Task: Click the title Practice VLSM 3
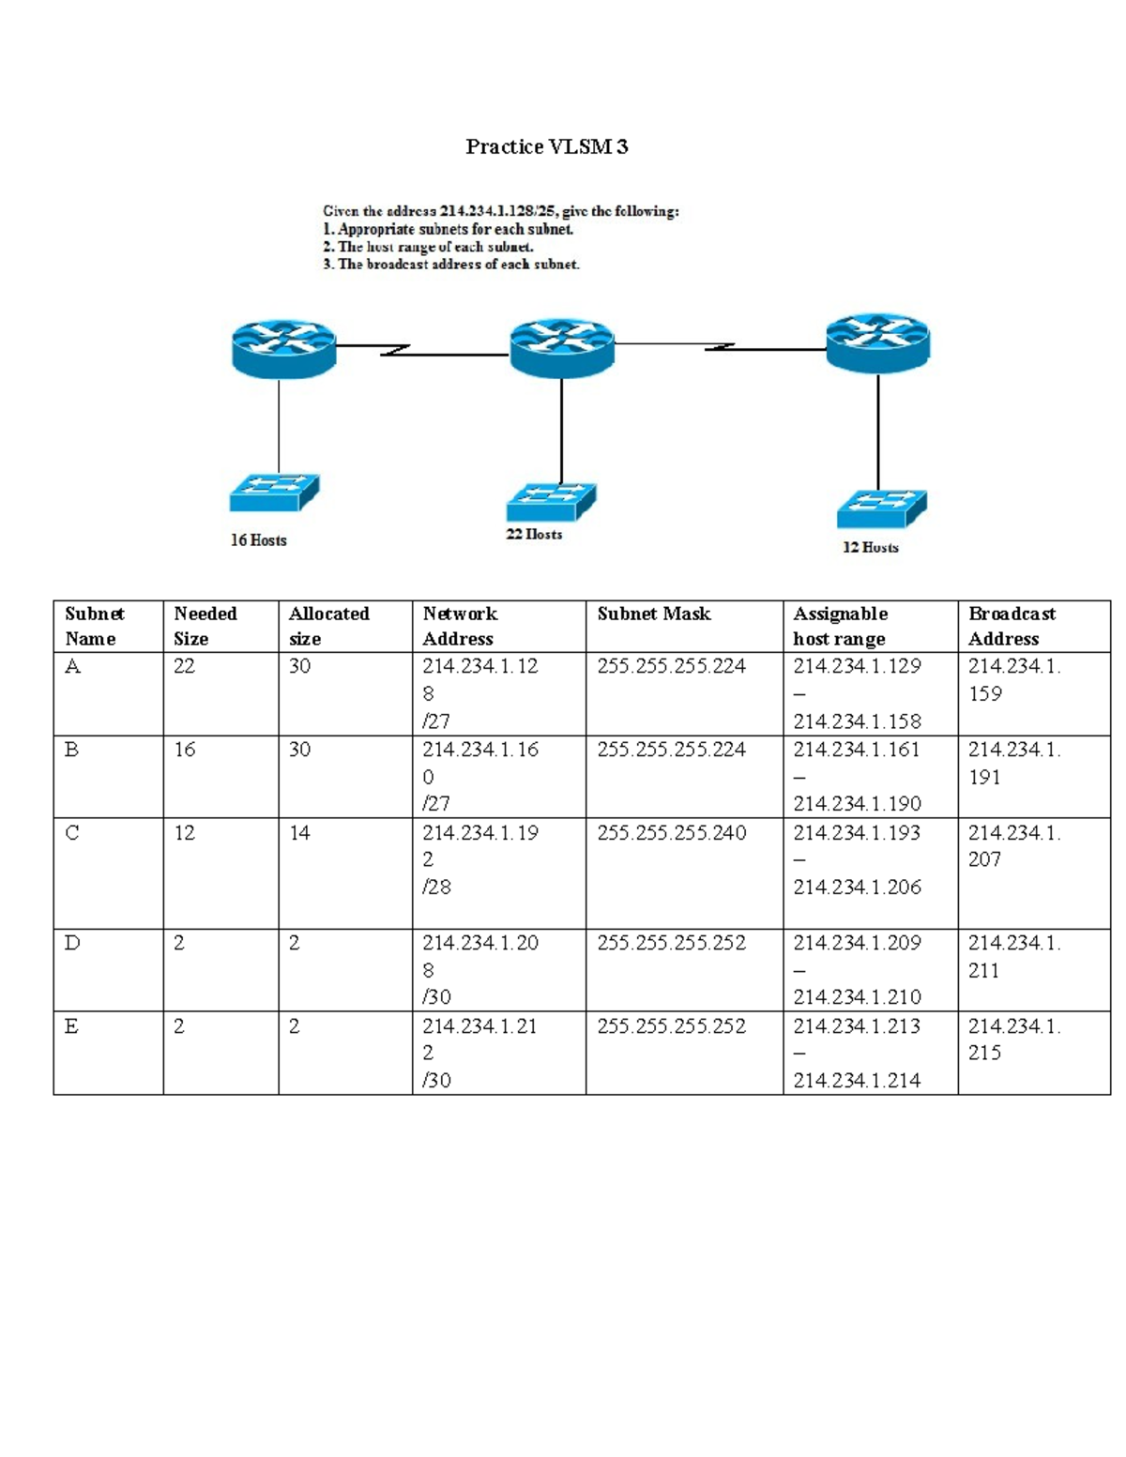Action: (x=546, y=146)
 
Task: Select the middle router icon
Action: (x=561, y=347)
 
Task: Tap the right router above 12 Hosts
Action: (x=877, y=342)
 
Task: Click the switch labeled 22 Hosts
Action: (x=551, y=502)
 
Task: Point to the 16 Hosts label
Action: (x=259, y=540)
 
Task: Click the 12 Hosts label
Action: (x=870, y=547)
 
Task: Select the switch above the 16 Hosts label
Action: (x=274, y=493)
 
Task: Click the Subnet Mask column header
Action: (x=654, y=614)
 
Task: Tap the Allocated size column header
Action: (x=328, y=626)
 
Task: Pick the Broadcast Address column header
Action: (x=1012, y=626)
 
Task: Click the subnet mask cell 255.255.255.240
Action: (x=671, y=833)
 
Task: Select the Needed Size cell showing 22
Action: (x=185, y=666)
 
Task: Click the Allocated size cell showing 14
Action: (x=299, y=833)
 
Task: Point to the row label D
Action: (x=72, y=943)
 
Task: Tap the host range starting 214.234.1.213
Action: (x=857, y=1053)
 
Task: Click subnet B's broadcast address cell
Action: (x=1013, y=763)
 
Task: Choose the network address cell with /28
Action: (x=479, y=859)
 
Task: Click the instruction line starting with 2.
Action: (x=428, y=247)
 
